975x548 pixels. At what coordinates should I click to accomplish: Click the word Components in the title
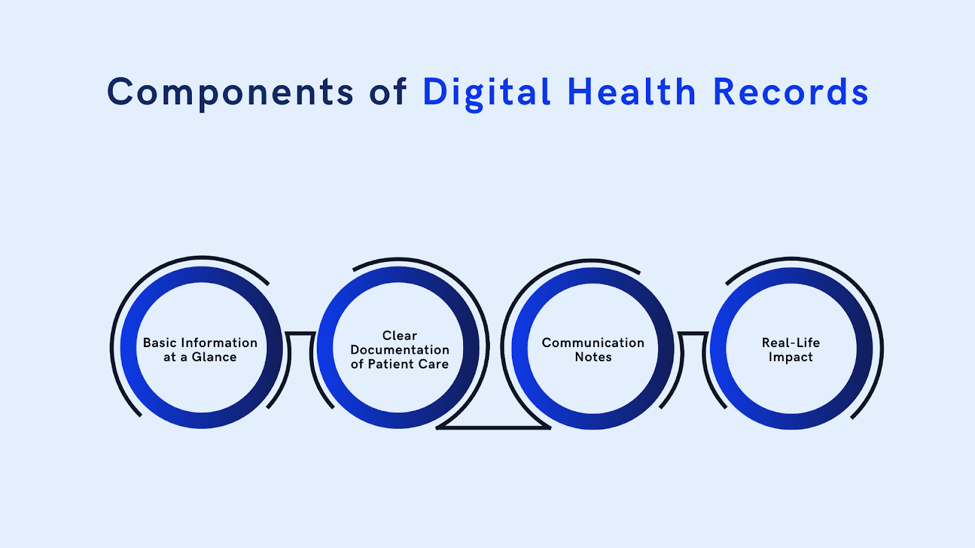tap(230, 93)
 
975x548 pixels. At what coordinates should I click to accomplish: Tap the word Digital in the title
tap(487, 93)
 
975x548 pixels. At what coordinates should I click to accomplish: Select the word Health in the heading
tap(632, 93)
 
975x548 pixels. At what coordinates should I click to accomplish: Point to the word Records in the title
tap(790, 93)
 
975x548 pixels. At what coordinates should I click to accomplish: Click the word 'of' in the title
tap(388, 93)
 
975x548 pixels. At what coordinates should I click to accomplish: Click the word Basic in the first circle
tap(160, 343)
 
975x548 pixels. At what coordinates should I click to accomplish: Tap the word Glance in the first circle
tap(214, 357)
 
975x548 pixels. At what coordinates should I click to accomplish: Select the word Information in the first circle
tap(219, 343)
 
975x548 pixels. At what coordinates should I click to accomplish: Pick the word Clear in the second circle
tap(400, 335)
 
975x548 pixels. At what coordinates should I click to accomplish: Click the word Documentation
tap(400, 350)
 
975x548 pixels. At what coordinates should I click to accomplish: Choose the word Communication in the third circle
tap(593, 343)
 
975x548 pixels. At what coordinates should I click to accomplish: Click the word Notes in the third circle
tap(593, 357)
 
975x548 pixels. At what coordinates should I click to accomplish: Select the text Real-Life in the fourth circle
tap(790, 343)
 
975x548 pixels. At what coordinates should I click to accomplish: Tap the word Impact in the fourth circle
tap(790, 357)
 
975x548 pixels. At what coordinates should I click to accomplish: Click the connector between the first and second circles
tap(300, 333)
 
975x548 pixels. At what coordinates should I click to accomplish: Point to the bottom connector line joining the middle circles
tap(494, 428)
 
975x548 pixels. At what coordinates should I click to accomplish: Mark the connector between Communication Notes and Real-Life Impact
tap(693, 333)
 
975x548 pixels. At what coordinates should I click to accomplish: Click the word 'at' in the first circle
tap(169, 357)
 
